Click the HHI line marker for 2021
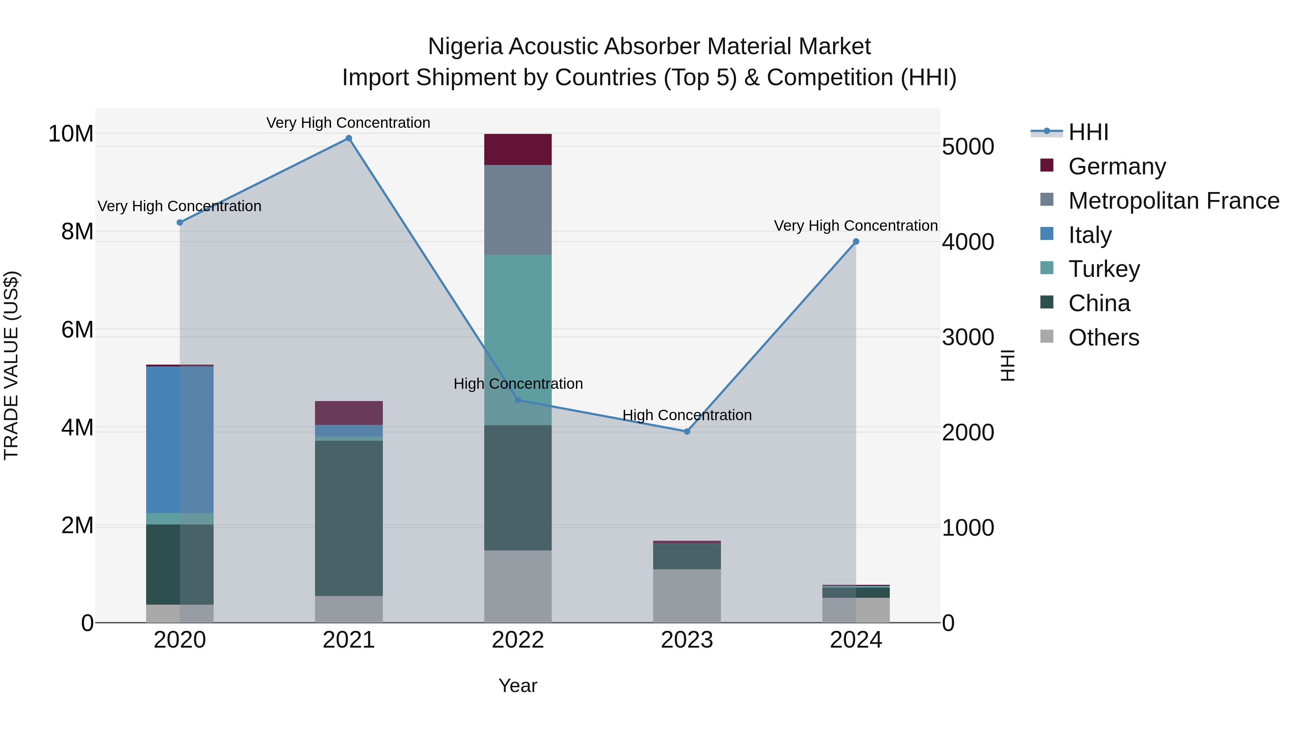[349, 138]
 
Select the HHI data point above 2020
[180, 222]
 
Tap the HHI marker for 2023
[687, 431]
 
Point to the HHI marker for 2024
[856, 242]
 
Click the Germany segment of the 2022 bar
[518, 149]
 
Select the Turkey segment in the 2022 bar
[518, 340]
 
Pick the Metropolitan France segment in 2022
[518, 209]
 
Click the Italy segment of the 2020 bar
[180, 439]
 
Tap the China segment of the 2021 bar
[349, 518]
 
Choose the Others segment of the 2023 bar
[687, 596]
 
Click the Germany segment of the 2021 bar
[349, 413]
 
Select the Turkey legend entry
[1104, 269]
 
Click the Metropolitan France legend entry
[1173, 201]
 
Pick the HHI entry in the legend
[1088, 132]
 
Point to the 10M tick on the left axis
[71, 134]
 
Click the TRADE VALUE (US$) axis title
[11, 365]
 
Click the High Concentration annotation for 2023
[687, 415]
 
